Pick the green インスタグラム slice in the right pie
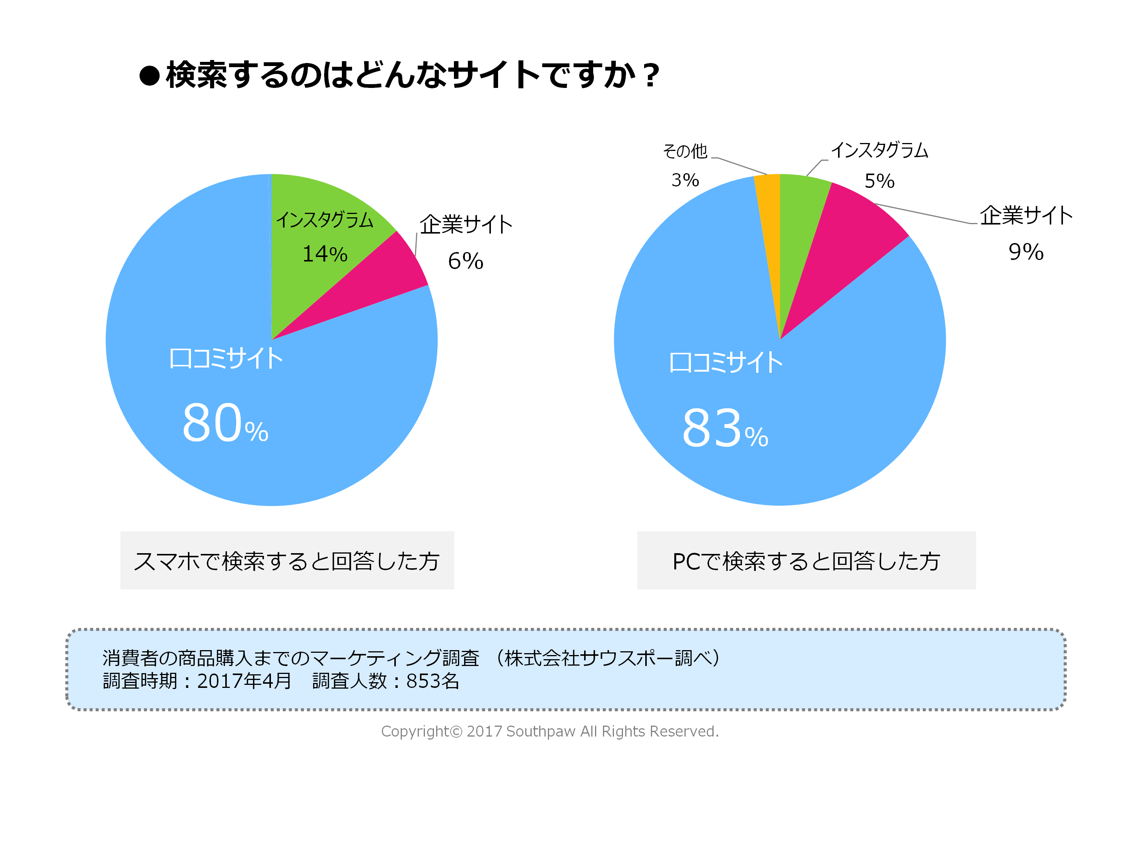click(x=801, y=215)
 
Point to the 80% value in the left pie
click(x=225, y=424)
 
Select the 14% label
click(x=325, y=254)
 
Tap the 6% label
click(x=465, y=261)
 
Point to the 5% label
click(x=879, y=181)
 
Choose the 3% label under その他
click(x=685, y=180)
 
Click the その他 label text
click(x=685, y=151)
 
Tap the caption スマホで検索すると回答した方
click(x=286, y=561)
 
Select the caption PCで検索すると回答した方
click(x=806, y=561)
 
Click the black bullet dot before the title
click(x=149, y=76)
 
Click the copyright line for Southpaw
click(x=550, y=731)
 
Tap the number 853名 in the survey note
click(x=432, y=681)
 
